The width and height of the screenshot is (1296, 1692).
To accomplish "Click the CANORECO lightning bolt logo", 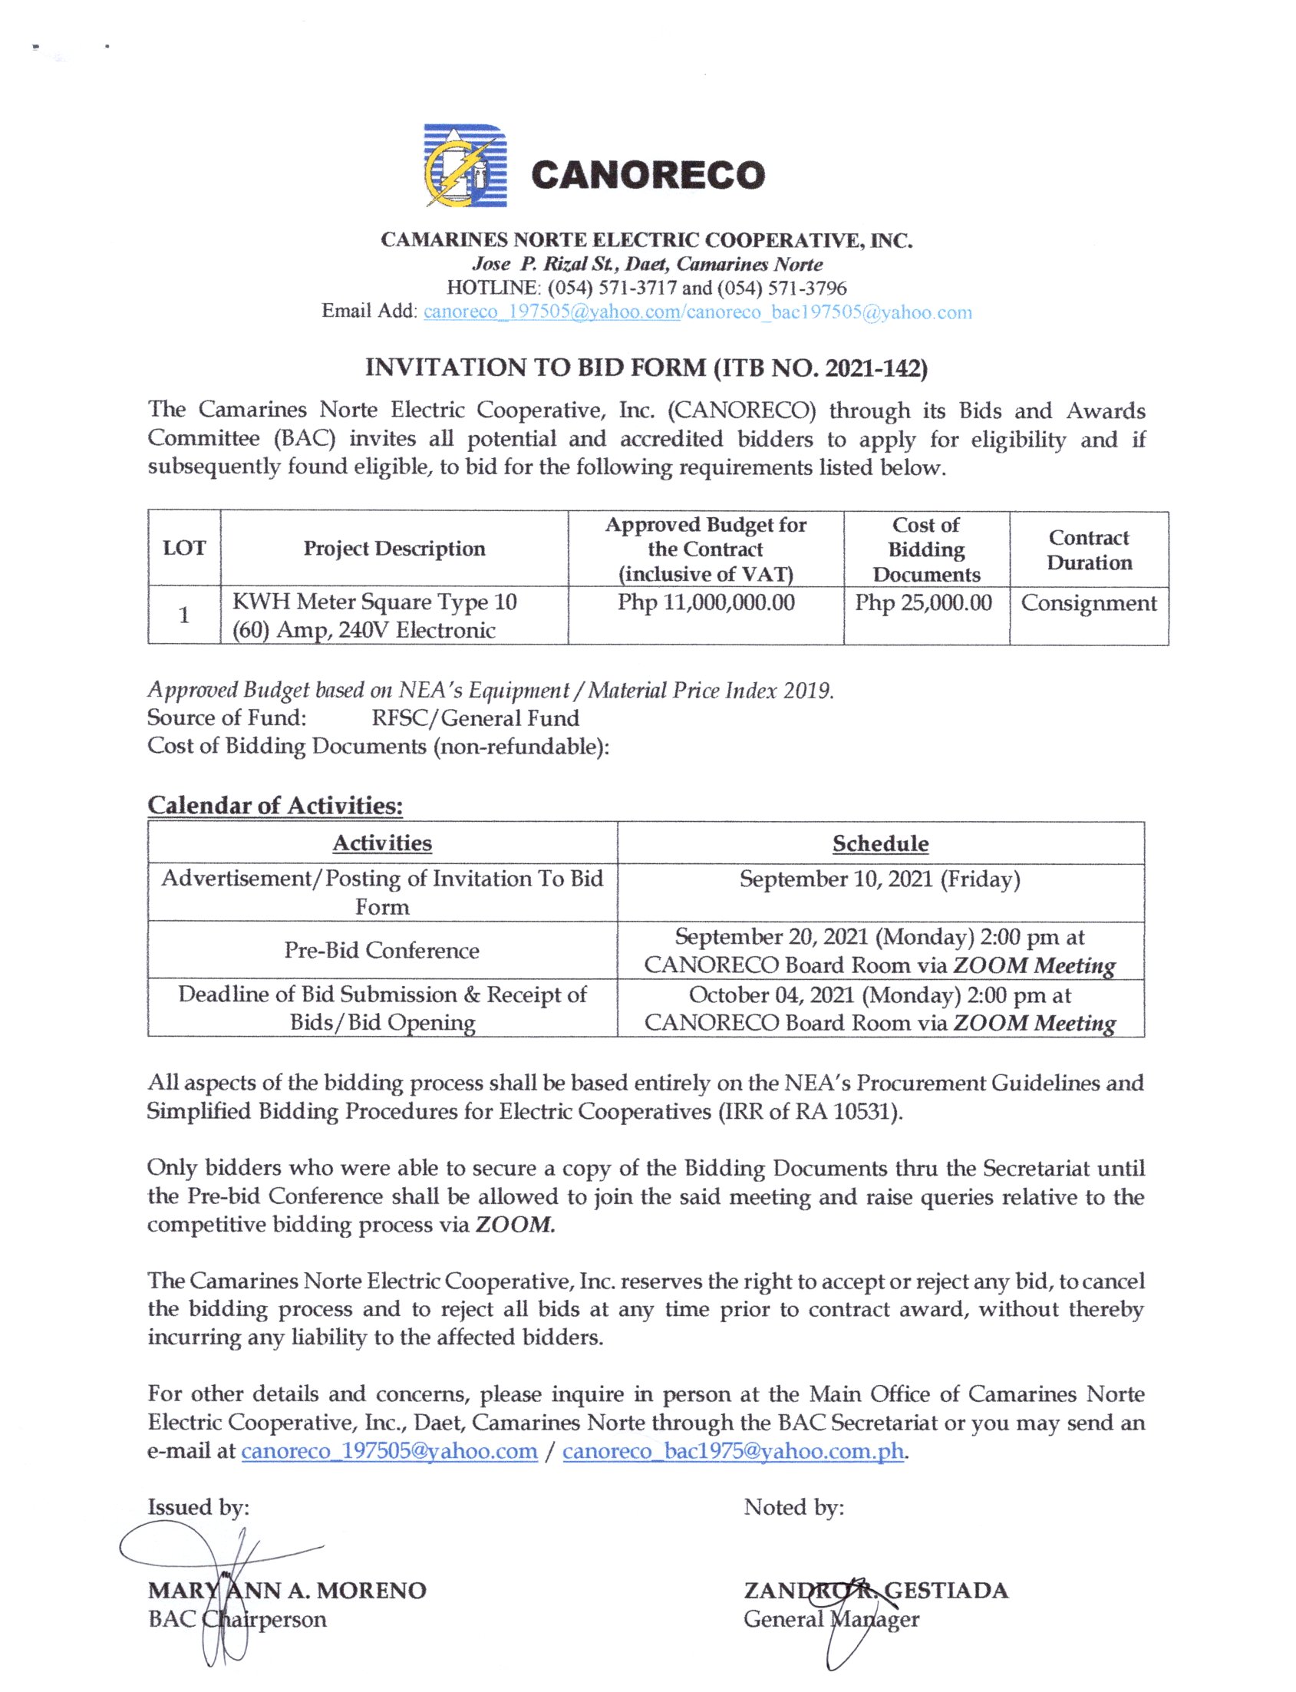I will (x=465, y=166).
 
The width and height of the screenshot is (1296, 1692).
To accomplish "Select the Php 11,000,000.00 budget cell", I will (x=706, y=602).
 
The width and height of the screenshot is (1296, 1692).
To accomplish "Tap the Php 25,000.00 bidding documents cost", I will (x=923, y=602).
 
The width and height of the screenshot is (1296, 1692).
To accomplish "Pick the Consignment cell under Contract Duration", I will (x=1089, y=602).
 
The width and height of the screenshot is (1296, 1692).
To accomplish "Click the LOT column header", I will (x=184, y=549).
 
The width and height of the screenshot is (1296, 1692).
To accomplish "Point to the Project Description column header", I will (x=394, y=549).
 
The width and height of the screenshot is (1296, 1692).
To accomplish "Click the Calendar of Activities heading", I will (x=275, y=806).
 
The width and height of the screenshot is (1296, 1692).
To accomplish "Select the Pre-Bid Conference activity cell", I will (x=382, y=951).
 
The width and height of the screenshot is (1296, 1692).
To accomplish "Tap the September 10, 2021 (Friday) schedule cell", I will (x=880, y=879).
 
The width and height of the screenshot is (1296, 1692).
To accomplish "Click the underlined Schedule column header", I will (x=880, y=844).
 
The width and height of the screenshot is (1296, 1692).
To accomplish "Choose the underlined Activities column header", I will (x=382, y=843).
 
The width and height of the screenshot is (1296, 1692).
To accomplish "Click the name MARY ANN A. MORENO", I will (x=287, y=1590).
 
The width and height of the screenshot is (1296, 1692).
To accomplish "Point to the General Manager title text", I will (x=831, y=1618).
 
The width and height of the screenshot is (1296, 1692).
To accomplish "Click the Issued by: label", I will (x=198, y=1507).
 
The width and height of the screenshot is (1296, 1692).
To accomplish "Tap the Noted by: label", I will (x=794, y=1507).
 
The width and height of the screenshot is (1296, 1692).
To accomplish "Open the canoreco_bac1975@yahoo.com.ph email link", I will (x=733, y=1451).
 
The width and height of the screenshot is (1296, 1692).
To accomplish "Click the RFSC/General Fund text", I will (x=475, y=718).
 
